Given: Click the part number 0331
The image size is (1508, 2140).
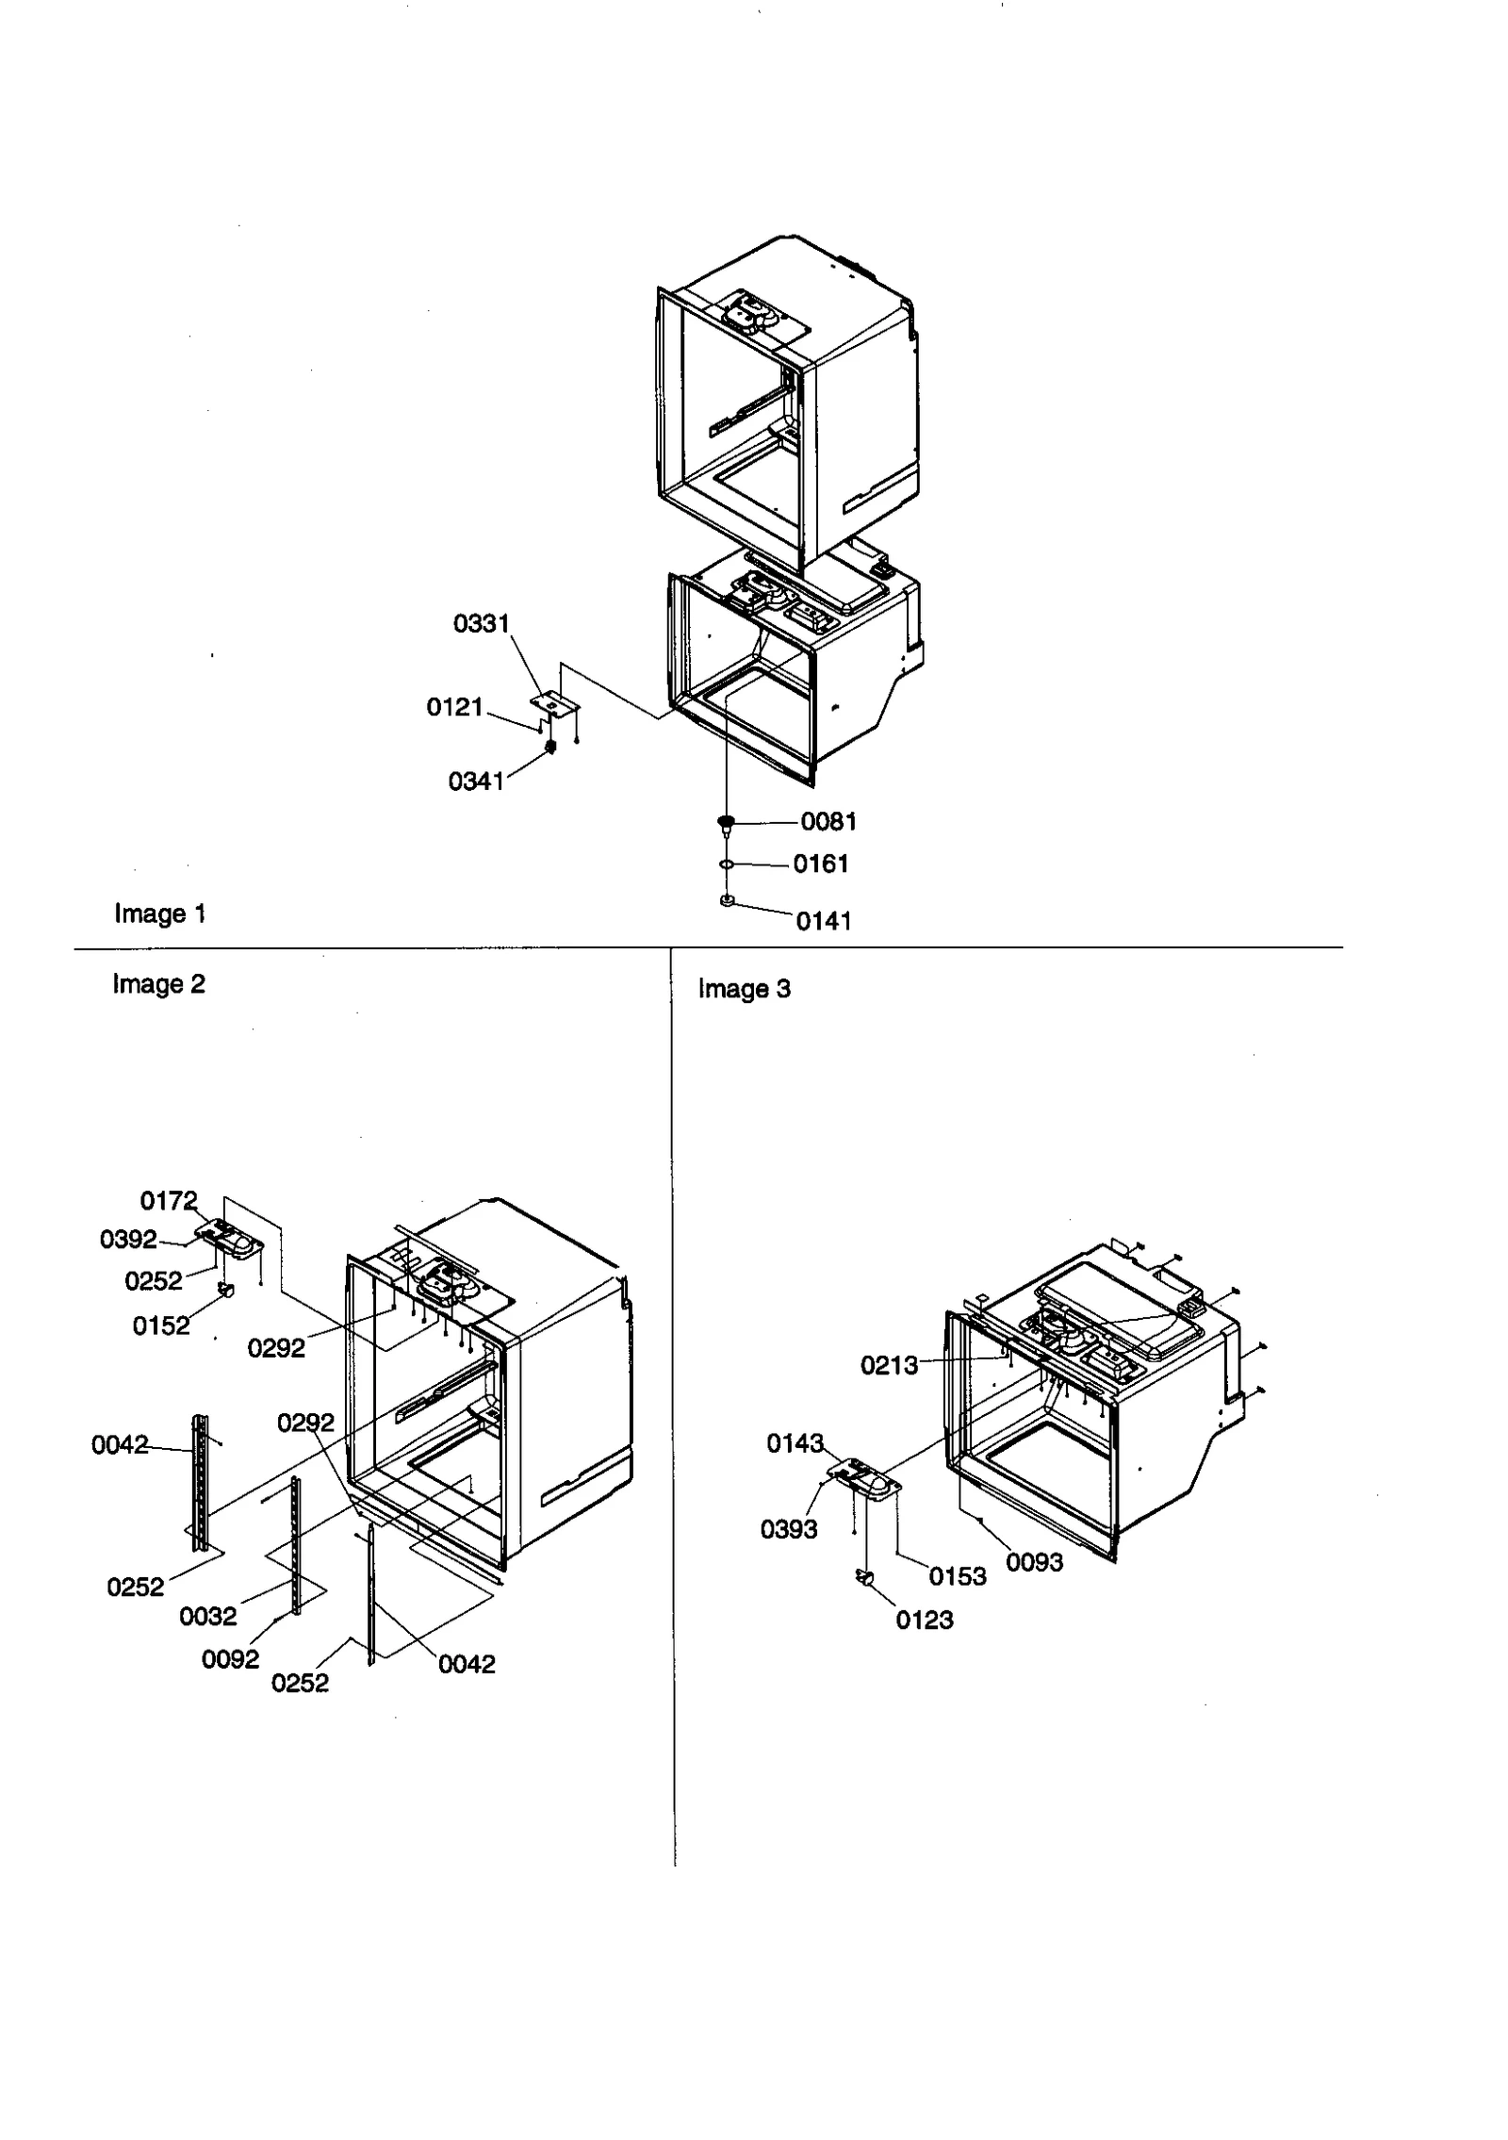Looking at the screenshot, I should tap(481, 623).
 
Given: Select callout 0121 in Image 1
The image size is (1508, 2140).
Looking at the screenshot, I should tap(454, 707).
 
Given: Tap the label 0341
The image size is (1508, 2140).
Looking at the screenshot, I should tap(476, 781).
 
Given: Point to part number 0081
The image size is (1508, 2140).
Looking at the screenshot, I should tap(828, 821).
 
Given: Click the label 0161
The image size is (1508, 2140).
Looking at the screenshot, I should tap(821, 864).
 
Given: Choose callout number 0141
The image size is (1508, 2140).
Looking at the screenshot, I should tap(824, 921).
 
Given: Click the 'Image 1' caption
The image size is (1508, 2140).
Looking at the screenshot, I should tap(159, 914).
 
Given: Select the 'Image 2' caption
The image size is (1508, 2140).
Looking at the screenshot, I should tap(158, 983).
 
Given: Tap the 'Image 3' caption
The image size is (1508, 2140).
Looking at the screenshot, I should tap(744, 989).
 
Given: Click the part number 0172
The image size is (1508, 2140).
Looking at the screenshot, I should tap(169, 1200).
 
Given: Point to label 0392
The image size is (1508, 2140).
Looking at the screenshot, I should tap(128, 1239).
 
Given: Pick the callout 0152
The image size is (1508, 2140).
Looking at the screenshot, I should tap(160, 1325).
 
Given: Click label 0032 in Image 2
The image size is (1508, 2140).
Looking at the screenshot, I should tap(207, 1616).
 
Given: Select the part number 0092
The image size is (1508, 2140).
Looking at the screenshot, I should tap(230, 1659).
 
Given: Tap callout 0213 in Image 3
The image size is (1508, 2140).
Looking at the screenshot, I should tap(889, 1365).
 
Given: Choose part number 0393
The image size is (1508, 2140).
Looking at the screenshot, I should tap(789, 1529).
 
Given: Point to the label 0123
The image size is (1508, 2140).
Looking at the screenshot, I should tap(925, 1620).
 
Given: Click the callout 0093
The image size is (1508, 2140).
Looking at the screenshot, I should tap(1034, 1562).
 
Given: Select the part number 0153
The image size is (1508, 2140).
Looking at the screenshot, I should tap(958, 1576).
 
